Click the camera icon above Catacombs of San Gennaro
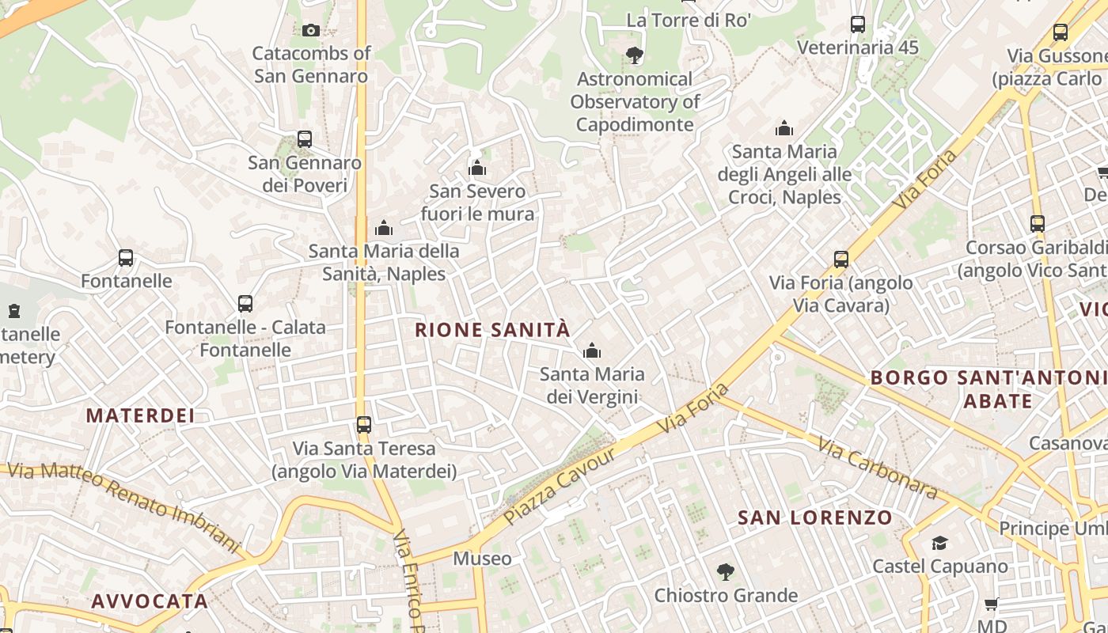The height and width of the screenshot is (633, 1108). point(311,30)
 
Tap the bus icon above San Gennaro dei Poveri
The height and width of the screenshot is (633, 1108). point(305,139)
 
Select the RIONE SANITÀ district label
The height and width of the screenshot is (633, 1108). point(492,330)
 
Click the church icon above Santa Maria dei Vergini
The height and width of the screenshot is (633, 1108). point(591,351)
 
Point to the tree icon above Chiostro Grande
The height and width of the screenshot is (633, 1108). point(725,571)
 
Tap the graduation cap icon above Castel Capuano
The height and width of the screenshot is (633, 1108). point(939,543)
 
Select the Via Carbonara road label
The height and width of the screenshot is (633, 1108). point(878,468)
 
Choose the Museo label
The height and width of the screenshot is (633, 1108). point(482,559)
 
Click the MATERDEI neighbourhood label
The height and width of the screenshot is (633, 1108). point(140,415)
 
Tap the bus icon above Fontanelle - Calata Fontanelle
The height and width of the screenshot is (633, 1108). point(245,304)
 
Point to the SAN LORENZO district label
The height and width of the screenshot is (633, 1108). point(815,518)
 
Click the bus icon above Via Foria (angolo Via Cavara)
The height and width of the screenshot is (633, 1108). point(841,260)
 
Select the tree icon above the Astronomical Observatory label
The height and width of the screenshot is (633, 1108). point(634,55)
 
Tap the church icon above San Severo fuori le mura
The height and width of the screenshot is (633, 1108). point(477,168)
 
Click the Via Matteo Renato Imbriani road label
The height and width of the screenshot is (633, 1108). point(123,507)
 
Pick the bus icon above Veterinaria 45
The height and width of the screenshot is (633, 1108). point(858,25)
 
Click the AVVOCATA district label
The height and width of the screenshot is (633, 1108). point(150,601)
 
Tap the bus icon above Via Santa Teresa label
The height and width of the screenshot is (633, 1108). point(364,425)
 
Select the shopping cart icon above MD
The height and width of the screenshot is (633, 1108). point(991,605)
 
